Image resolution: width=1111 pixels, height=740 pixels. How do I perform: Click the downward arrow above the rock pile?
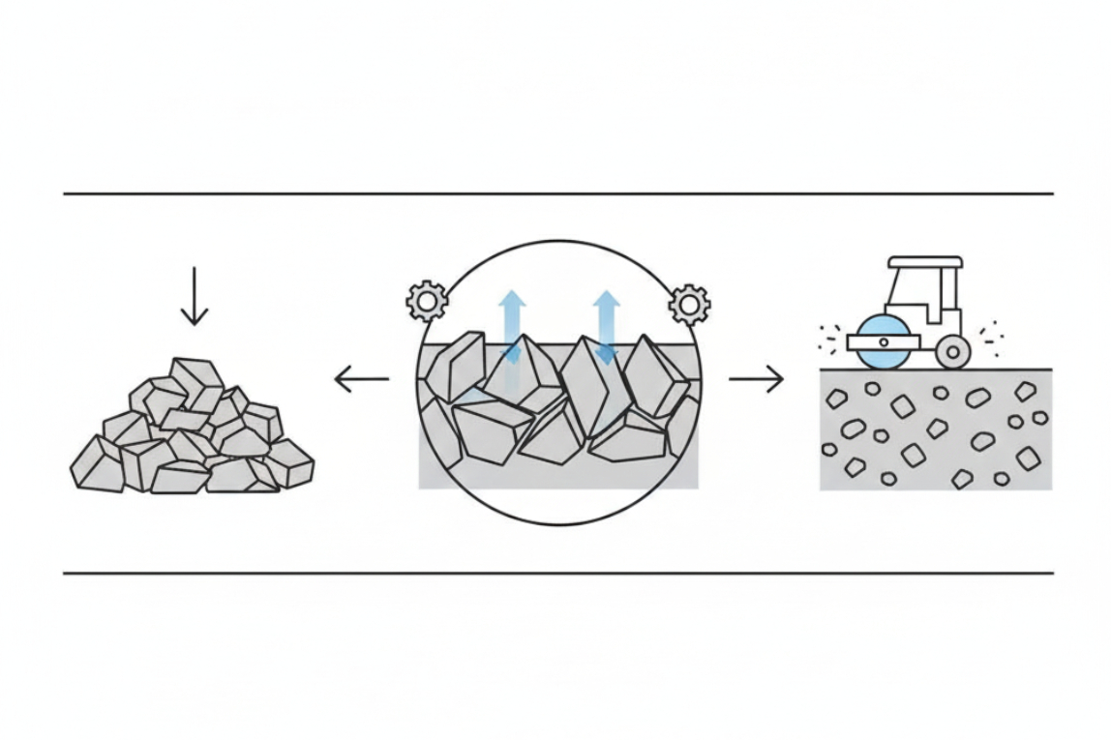point(195,296)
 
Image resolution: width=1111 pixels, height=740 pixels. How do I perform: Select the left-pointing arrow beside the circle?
point(361,379)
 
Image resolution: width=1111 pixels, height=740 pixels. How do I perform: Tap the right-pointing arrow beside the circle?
point(756,379)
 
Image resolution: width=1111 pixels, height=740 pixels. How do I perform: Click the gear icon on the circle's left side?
point(427,302)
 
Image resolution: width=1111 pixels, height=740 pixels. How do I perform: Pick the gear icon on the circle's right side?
point(689,304)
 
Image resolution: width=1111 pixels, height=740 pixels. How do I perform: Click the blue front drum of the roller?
point(884,342)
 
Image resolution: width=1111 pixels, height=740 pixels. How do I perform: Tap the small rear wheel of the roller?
point(953,351)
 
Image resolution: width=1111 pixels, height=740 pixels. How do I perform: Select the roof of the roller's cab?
point(925,262)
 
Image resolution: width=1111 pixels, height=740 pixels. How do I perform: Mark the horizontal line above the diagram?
point(557,193)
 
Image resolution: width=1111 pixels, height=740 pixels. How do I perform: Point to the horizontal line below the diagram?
point(557,573)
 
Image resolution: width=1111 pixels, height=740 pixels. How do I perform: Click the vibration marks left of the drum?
point(829,339)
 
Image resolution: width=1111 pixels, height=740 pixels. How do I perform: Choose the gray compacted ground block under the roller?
point(934,429)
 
